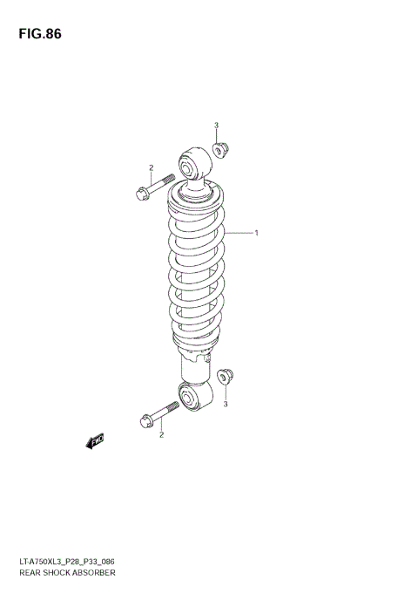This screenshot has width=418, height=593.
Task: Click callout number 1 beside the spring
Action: [x=257, y=233]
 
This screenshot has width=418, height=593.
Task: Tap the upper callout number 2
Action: [x=151, y=167]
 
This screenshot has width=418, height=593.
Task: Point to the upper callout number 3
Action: [x=216, y=126]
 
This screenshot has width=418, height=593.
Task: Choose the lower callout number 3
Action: [x=226, y=404]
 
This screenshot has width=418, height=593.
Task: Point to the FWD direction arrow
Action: [x=95, y=442]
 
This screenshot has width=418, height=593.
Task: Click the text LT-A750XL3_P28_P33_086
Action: [x=62, y=561]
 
